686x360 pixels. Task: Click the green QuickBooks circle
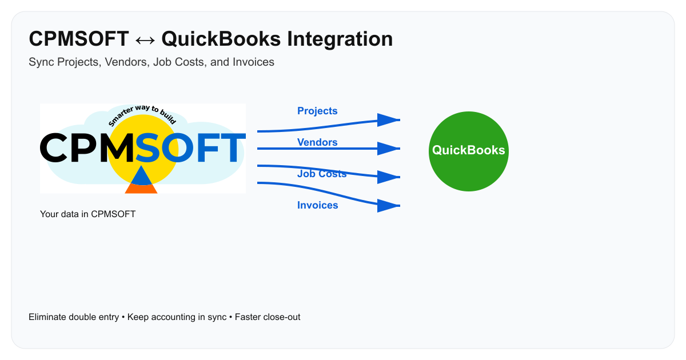tap(468, 151)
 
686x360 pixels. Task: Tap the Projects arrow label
tap(317, 111)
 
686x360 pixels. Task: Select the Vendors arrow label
tap(317, 142)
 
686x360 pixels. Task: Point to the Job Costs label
tap(322, 174)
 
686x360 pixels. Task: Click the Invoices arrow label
tap(317, 205)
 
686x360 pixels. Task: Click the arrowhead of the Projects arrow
tap(389, 120)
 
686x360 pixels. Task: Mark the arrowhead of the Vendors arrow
tap(389, 149)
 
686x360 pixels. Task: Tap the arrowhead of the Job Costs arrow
tap(389, 177)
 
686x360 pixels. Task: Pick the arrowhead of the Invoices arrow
tap(389, 206)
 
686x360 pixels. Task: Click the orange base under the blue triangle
tap(141, 189)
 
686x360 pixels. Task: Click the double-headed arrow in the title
tap(145, 40)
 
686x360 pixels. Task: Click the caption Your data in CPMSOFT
tap(87, 214)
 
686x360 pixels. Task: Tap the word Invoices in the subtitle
tap(253, 62)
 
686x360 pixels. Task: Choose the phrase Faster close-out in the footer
tap(268, 317)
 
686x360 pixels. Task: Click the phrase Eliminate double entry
tap(74, 317)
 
